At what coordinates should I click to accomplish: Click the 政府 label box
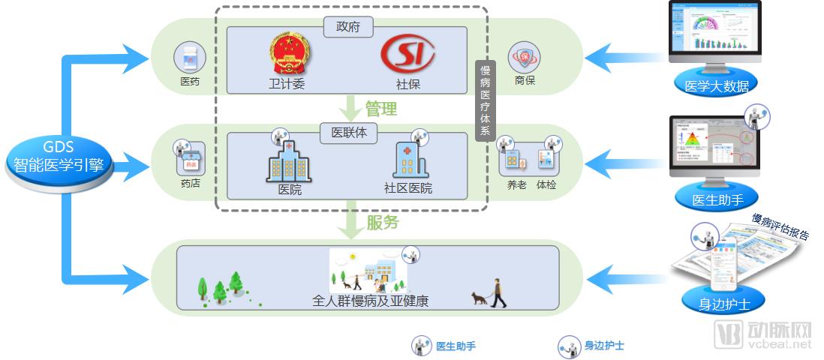[348, 28]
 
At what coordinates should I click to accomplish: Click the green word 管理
[380, 109]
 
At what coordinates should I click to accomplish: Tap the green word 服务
[382, 223]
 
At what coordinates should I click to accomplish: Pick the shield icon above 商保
[525, 58]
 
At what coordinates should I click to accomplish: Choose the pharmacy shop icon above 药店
[190, 160]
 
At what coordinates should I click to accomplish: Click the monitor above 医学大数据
[715, 32]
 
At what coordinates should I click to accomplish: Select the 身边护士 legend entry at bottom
[592, 346]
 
